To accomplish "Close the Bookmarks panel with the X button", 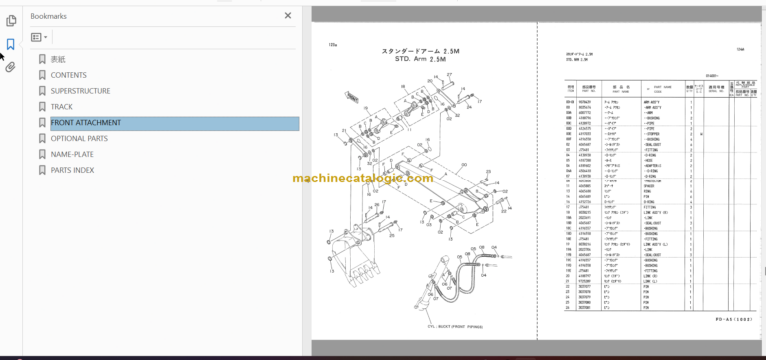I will (x=289, y=17).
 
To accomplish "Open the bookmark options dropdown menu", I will (x=40, y=37).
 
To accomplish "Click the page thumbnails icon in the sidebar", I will (x=10, y=20).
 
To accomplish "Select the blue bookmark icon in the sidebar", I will (x=10, y=44).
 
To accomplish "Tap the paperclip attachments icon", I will (x=10, y=68).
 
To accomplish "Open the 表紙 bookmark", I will (x=58, y=59).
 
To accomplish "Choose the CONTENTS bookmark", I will (x=68, y=75).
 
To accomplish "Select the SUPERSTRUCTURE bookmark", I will (x=81, y=91).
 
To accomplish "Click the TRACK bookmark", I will (x=62, y=107).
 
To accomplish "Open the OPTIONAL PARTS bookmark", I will (x=79, y=139).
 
